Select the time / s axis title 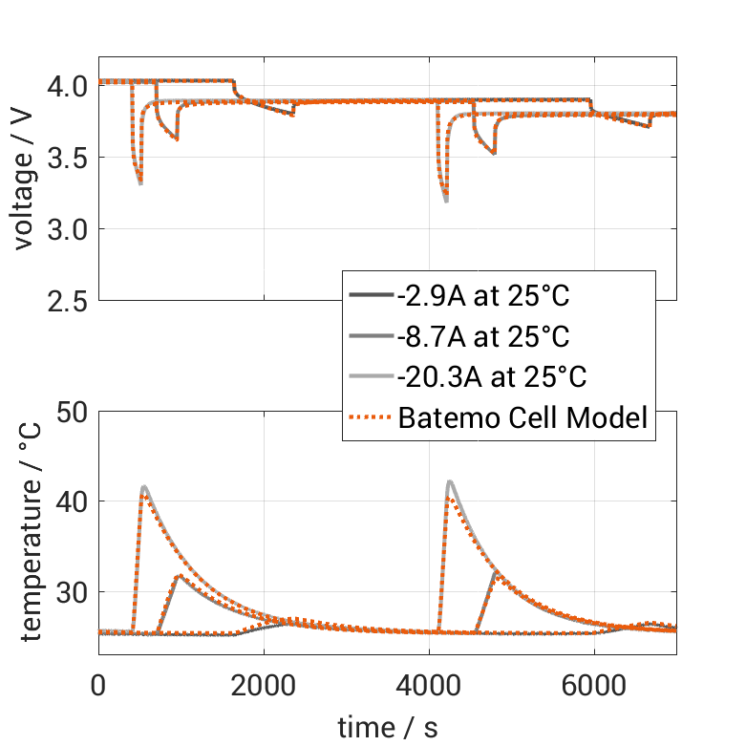pos(388,727)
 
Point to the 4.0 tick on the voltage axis pos(67,86)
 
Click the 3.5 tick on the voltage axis pos(67,158)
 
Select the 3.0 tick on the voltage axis pos(67,229)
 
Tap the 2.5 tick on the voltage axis pos(67,300)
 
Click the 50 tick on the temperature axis pos(71,412)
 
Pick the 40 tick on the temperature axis pos(71,501)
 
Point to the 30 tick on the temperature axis pos(71,592)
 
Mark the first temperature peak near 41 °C pos(144,487)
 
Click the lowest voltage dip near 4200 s pos(446,200)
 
